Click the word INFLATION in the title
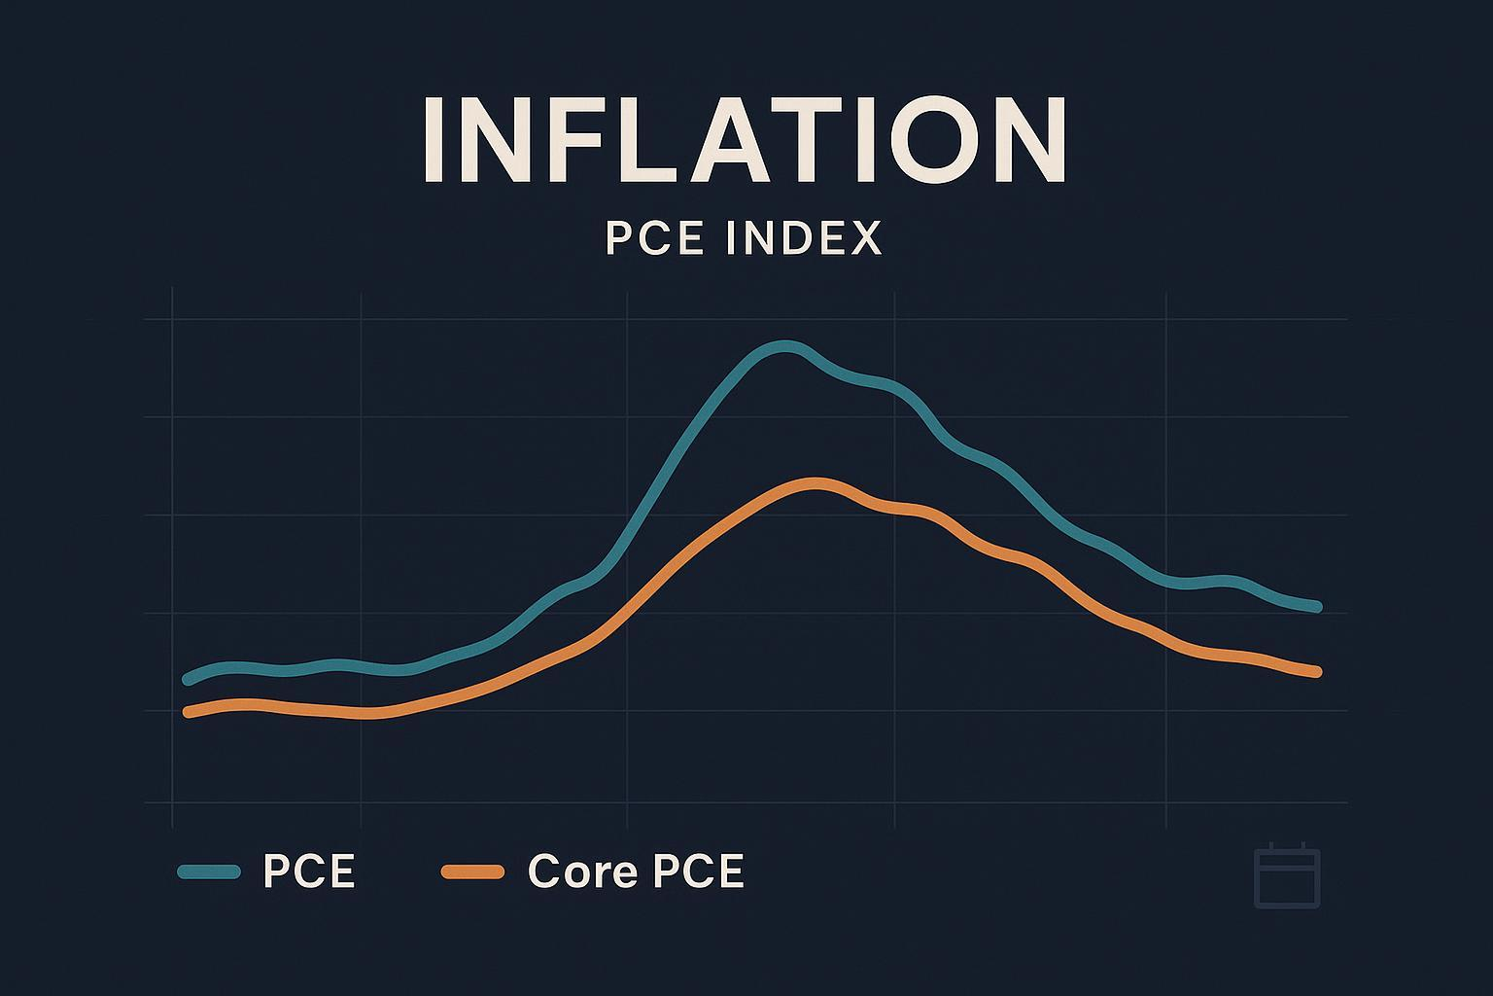click(x=746, y=140)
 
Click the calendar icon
click(x=1287, y=877)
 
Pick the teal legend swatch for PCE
click(x=209, y=871)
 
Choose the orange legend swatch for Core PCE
click(x=472, y=871)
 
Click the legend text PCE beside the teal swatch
click(x=309, y=871)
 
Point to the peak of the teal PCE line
click(x=785, y=347)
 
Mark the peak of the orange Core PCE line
click(x=815, y=483)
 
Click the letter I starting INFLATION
click(x=434, y=140)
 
